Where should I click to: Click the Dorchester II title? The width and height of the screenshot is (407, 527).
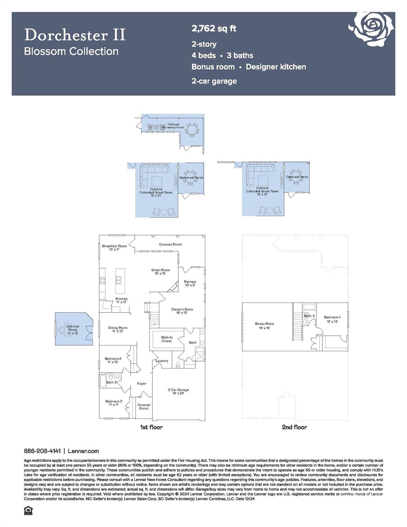(x=75, y=35)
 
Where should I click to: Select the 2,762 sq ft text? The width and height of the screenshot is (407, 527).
(x=214, y=28)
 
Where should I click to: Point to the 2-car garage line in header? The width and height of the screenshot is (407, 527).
(x=214, y=81)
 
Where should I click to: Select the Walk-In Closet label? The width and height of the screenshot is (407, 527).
(x=167, y=339)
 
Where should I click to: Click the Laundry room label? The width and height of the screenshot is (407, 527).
(x=162, y=361)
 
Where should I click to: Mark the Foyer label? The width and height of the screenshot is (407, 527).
(x=142, y=384)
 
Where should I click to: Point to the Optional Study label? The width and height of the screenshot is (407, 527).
(x=73, y=330)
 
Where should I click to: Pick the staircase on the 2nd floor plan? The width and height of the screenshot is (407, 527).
(x=297, y=323)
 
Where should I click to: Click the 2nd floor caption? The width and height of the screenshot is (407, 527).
(x=294, y=427)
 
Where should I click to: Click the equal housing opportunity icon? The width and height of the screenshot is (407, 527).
(x=28, y=511)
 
